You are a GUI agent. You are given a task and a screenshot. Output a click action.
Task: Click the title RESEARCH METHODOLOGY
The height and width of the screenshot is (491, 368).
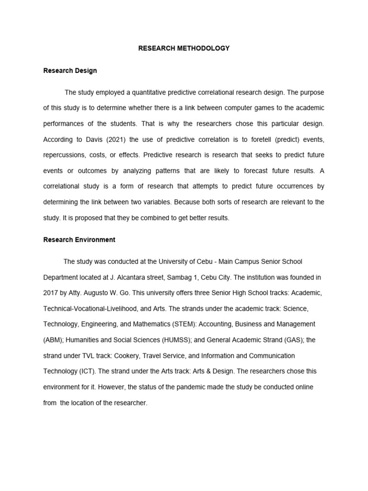pyautogui.click(x=184, y=48)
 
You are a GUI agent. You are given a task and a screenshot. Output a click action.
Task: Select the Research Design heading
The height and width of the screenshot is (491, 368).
pyautogui.click(x=70, y=70)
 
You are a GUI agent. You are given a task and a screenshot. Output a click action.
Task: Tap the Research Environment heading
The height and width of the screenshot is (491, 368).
pyautogui.click(x=79, y=239)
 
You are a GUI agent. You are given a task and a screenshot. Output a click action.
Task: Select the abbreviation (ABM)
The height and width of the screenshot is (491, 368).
pyautogui.click(x=52, y=340)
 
